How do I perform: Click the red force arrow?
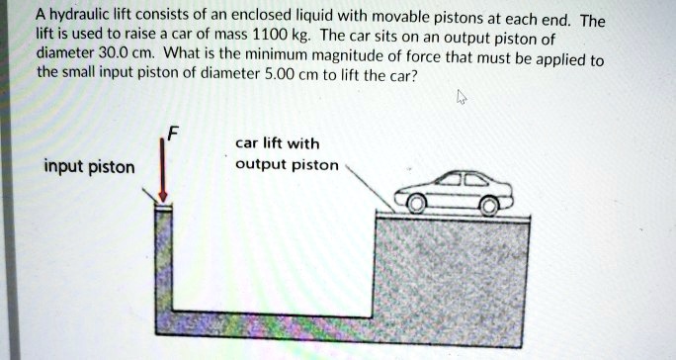[163, 170]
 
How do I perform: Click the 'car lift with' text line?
[277, 143]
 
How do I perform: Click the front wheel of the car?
[488, 205]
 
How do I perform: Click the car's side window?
[464, 181]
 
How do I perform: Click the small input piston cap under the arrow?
[163, 205]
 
